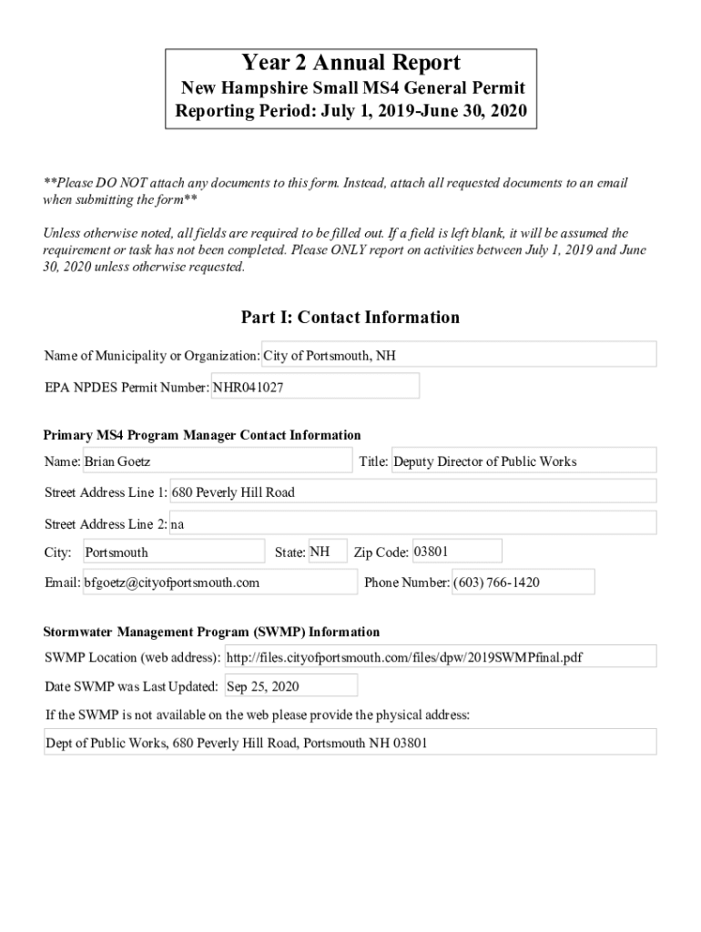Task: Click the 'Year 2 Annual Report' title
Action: (350, 63)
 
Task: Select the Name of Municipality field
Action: (459, 355)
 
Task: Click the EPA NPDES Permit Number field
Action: (315, 387)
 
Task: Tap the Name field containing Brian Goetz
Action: (217, 461)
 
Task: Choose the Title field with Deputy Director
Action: (523, 461)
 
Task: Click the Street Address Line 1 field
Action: (412, 492)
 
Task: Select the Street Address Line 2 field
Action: (412, 524)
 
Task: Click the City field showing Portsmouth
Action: (173, 552)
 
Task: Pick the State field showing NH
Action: (327, 552)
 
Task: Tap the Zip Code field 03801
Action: (456, 552)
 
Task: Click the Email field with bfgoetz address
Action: (219, 582)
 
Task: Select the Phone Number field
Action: (523, 582)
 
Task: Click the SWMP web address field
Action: (439, 657)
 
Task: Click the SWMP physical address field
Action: (350, 743)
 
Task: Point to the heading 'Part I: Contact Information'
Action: (350, 318)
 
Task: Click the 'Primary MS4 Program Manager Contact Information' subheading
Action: (202, 435)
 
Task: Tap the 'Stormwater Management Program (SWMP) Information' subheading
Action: (212, 632)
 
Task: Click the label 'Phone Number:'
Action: (406, 582)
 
